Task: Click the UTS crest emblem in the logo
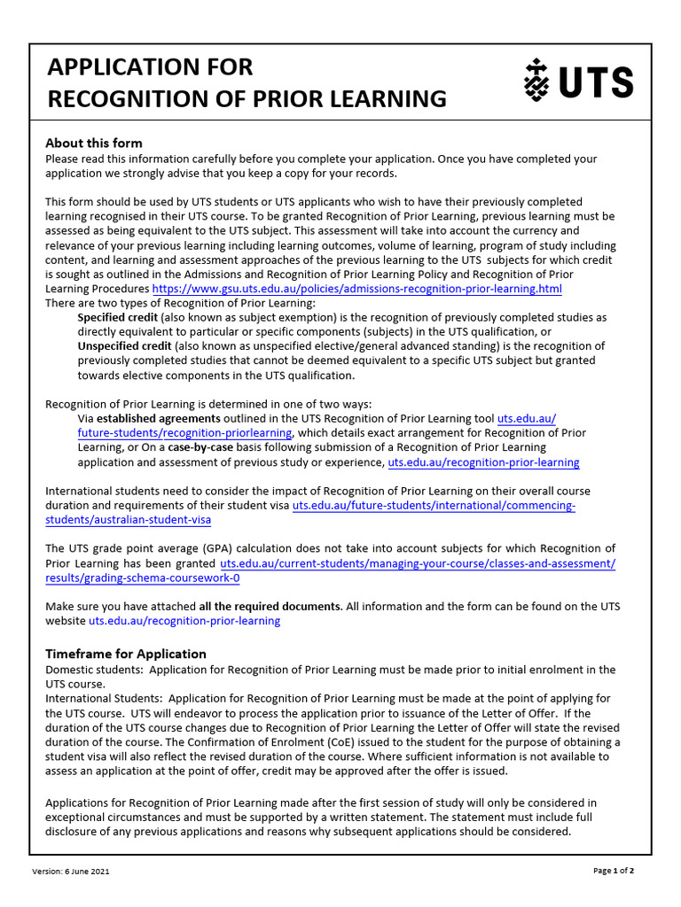(x=534, y=81)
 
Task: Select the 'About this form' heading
(x=94, y=143)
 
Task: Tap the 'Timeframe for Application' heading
(x=126, y=654)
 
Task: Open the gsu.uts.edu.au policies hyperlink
(x=356, y=289)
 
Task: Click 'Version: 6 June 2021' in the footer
(x=71, y=872)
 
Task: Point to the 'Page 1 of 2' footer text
(x=614, y=872)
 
